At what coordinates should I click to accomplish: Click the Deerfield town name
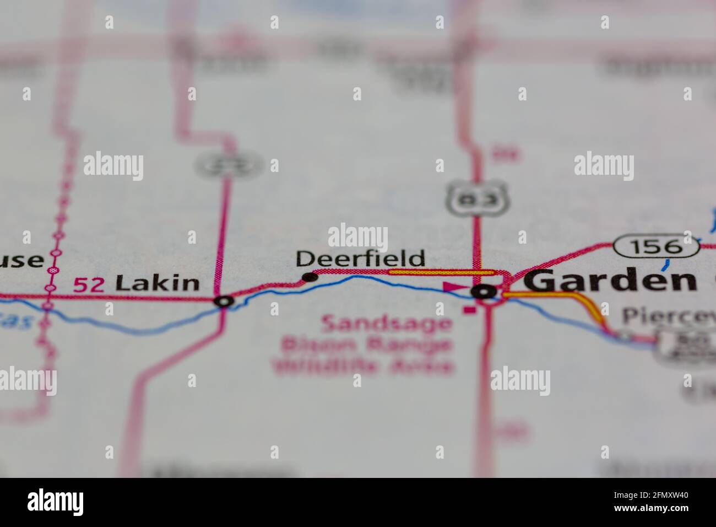click(361, 259)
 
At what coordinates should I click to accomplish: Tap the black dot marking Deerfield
click(311, 277)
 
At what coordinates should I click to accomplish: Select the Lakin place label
click(157, 283)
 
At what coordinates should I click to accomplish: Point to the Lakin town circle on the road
click(224, 301)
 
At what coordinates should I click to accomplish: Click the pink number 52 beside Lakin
click(88, 284)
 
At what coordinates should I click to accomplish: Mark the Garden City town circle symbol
click(485, 292)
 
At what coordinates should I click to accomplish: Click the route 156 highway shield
click(657, 246)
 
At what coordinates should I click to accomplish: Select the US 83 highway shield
click(477, 199)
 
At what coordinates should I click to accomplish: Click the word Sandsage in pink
click(386, 323)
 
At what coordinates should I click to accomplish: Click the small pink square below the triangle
click(469, 310)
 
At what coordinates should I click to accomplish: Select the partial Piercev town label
click(668, 316)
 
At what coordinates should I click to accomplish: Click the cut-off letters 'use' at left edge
click(22, 260)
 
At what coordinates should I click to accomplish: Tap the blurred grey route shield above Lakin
click(229, 164)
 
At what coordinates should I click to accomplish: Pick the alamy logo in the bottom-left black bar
click(56, 502)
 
